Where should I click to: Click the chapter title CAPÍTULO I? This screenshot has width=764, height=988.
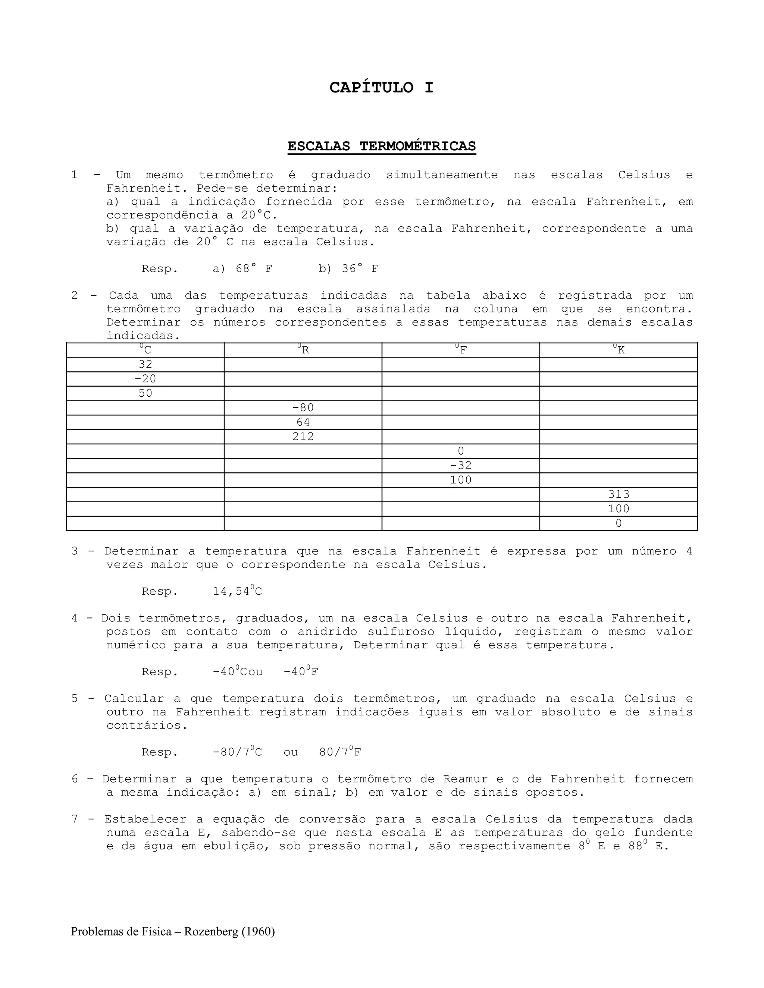point(382,87)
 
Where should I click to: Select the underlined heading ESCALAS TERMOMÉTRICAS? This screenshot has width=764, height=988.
point(382,146)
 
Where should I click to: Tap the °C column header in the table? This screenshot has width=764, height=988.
point(145,350)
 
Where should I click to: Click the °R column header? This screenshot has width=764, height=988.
point(303,350)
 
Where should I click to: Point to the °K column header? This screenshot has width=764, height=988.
point(618,350)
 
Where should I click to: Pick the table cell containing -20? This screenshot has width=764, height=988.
point(145,379)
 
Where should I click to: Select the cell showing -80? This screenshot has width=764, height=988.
point(303,408)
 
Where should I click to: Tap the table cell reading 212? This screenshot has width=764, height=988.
point(303,437)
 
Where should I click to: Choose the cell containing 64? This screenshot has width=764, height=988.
point(303,422)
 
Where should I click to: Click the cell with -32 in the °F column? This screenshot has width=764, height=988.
point(461,466)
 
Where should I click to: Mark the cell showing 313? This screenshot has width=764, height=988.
point(618,494)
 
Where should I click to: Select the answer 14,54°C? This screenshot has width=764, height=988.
point(237,591)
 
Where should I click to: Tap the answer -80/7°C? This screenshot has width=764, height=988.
point(237,752)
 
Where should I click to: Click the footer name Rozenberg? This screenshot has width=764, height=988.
point(212,932)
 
